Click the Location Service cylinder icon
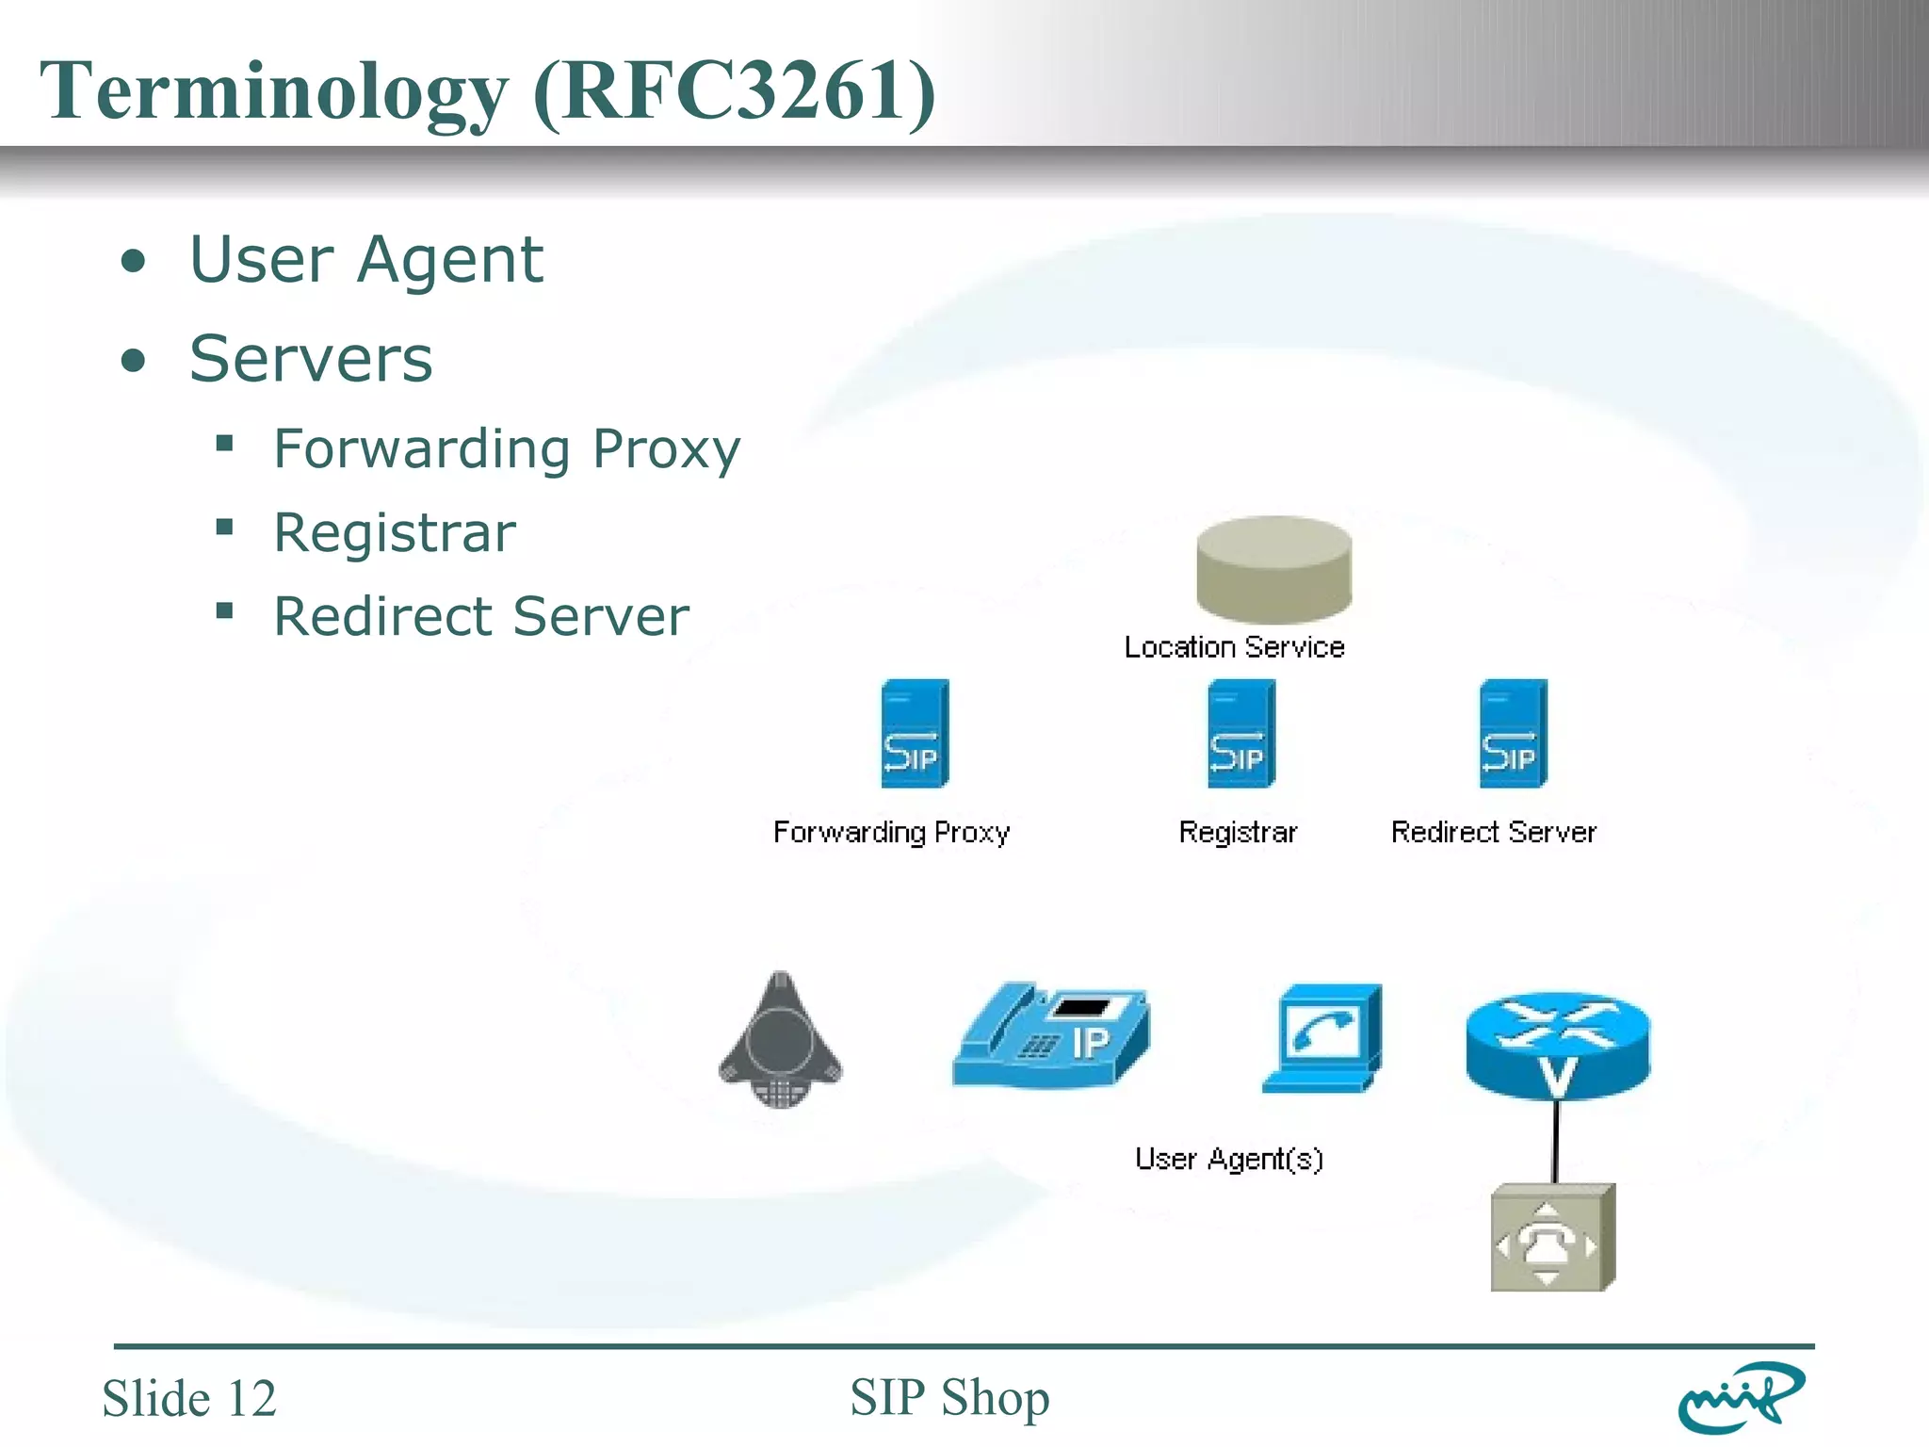coord(1273,569)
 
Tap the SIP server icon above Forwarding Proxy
coord(914,734)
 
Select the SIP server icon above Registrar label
coord(1240,734)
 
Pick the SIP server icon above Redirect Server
coord(1513,734)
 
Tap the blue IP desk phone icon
coord(1051,1036)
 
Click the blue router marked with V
coord(1557,1046)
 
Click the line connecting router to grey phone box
coord(1555,1142)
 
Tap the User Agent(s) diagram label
coord(1228,1159)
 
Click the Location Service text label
coord(1234,647)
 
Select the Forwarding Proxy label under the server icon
coord(891,832)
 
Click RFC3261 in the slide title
coord(735,91)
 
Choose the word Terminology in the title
coord(273,91)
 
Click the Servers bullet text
coord(311,359)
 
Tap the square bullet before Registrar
coord(224,527)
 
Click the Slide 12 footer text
coord(189,1398)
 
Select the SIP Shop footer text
coord(949,1397)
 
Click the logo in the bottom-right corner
coord(1741,1397)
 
